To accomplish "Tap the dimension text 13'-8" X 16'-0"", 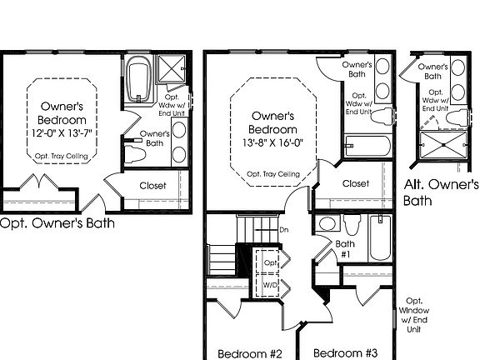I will (274, 142).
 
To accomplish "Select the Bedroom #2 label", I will (250, 353).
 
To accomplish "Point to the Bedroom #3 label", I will (346, 353).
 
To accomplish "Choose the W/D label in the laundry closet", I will (270, 286).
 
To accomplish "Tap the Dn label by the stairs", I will (283, 229).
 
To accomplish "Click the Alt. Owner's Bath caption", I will (441, 192).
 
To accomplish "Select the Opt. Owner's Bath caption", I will (56, 222).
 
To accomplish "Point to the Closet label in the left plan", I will (152, 186).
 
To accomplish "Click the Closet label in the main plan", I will (356, 183).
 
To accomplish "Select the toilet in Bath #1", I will (352, 226).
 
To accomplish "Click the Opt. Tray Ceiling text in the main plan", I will (273, 173).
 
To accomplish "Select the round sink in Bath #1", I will (327, 224).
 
